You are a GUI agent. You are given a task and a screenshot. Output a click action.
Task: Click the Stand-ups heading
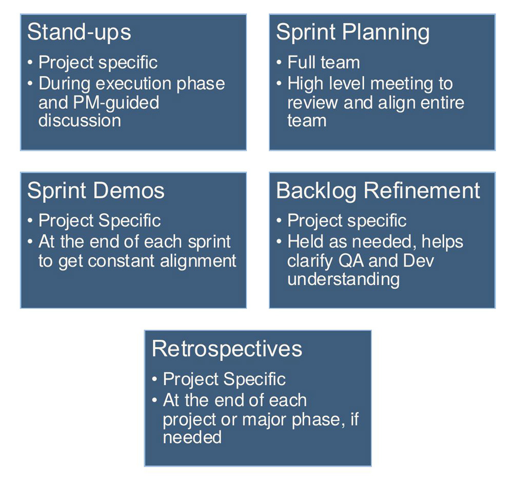point(79,32)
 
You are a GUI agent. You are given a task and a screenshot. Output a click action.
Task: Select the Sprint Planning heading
point(352,32)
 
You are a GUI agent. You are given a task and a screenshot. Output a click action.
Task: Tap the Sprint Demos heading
point(95,191)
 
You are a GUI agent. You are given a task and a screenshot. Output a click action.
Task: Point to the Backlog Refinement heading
point(378,191)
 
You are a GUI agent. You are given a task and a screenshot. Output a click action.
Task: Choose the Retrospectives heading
point(227,349)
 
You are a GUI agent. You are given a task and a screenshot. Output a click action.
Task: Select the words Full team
point(323,63)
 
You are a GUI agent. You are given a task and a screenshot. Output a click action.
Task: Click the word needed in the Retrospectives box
point(192,437)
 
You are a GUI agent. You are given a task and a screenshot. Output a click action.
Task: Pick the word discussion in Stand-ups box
point(80,120)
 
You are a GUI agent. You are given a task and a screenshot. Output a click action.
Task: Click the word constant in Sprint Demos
point(126,260)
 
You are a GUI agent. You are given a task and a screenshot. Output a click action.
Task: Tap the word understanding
point(343,279)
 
